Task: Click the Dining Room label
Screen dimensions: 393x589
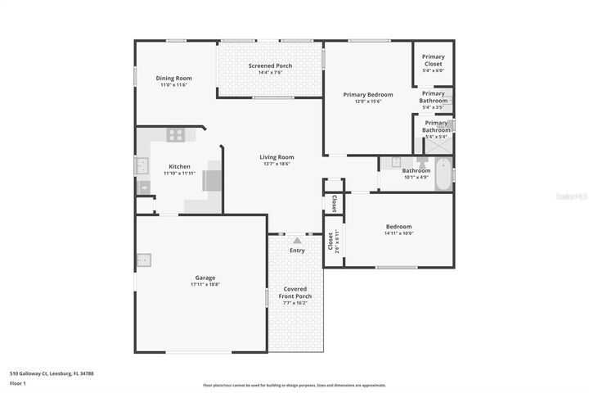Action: (x=174, y=79)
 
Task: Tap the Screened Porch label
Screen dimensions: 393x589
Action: (x=270, y=65)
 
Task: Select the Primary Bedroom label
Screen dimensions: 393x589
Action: (x=367, y=95)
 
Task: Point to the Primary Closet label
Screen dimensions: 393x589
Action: (x=434, y=60)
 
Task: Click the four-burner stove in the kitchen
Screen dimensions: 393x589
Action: (x=175, y=135)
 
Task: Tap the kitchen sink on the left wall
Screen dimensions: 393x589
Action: (x=142, y=166)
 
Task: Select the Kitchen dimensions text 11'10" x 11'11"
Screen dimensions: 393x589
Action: (x=179, y=174)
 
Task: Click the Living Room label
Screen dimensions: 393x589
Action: (x=277, y=157)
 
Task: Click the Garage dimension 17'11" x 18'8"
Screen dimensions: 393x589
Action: (x=205, y=285)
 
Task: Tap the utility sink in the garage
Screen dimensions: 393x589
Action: (x=143, y=261)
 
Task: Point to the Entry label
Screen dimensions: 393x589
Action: (x=297, y=251)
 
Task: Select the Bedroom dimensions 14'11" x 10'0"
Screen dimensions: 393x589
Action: (x=398, y=233)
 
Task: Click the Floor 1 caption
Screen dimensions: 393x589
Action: (x=17, y=382)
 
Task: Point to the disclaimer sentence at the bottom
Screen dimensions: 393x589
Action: (x=294, y=385)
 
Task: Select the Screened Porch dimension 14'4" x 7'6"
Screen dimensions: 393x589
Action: (x=270, y=73)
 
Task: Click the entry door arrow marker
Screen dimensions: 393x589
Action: (x=296, y=240)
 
